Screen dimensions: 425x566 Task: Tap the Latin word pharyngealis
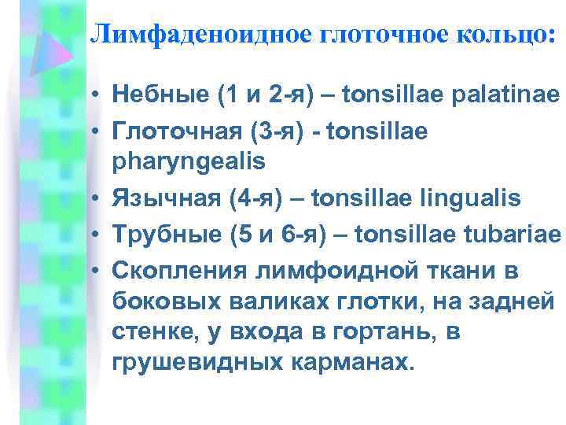tap(189, 162)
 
